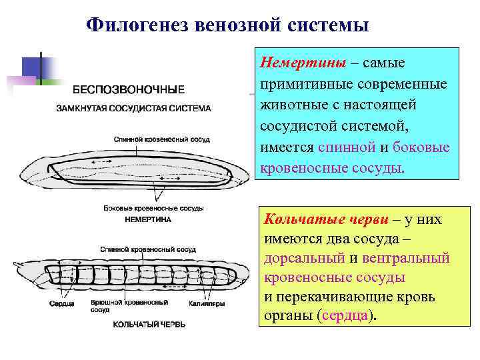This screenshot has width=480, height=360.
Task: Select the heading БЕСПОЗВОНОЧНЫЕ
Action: (129, 89)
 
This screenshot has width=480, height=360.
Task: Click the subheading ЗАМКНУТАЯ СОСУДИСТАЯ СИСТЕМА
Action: (133, 108)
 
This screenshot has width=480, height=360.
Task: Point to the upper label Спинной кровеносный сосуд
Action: (162, 139)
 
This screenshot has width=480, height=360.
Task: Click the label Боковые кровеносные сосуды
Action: (153, 208)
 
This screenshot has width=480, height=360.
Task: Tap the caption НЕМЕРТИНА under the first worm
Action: (148, 219)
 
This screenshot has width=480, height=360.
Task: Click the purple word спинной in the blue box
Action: (343, 147)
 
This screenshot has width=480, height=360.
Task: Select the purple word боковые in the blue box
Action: (421, 147)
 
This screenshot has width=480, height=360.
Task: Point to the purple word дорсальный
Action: (304, 258)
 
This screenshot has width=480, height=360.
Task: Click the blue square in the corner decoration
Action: (31, 67)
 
